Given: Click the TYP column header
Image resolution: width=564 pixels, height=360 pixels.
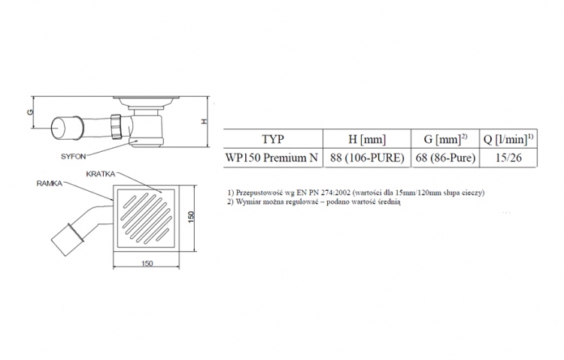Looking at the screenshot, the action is click(x=273, y=139).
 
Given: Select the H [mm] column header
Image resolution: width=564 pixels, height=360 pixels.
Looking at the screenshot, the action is click(x=367, y=139).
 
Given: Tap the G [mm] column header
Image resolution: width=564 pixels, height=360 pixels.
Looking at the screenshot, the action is click(x=445, y=139).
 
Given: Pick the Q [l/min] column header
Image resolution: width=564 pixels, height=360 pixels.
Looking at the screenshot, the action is click(x=508, y=139).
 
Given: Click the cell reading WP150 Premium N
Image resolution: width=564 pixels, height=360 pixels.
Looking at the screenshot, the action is click(x=272, y=158).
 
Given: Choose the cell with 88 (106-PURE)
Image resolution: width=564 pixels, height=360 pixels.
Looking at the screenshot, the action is click(x=367, y=158).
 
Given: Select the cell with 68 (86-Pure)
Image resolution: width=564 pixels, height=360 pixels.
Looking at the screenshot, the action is click(x=445, y=158).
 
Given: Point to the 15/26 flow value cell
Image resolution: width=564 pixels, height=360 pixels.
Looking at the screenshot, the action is click(x=508, y=158).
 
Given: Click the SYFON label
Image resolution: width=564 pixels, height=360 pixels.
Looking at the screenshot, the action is click(x=74, y=156).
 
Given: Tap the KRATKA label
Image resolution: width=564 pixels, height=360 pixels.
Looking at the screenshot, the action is click(x=101, y=174).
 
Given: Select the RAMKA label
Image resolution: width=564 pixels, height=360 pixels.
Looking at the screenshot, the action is click(x=50, y=183).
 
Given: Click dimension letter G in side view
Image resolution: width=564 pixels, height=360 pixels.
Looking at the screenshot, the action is click(x=30, y=112).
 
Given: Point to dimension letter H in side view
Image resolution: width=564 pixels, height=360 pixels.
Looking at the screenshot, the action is click(x=205, y=122).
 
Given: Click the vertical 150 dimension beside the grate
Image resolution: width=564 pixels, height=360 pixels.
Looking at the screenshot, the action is click(x=191, y=216).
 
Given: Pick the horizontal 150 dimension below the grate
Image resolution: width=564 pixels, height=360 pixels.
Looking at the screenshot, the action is click(x=147, y=264).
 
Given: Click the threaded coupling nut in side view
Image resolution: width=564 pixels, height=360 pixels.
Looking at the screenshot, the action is click(x=117, y=126).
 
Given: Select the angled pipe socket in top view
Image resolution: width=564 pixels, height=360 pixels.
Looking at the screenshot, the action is click(x=67, y=239).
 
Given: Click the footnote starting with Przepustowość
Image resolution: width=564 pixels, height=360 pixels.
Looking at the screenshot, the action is click(x=356, y=192).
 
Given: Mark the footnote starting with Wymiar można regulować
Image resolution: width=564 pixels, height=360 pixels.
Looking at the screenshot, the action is click(x=314, y=201).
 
